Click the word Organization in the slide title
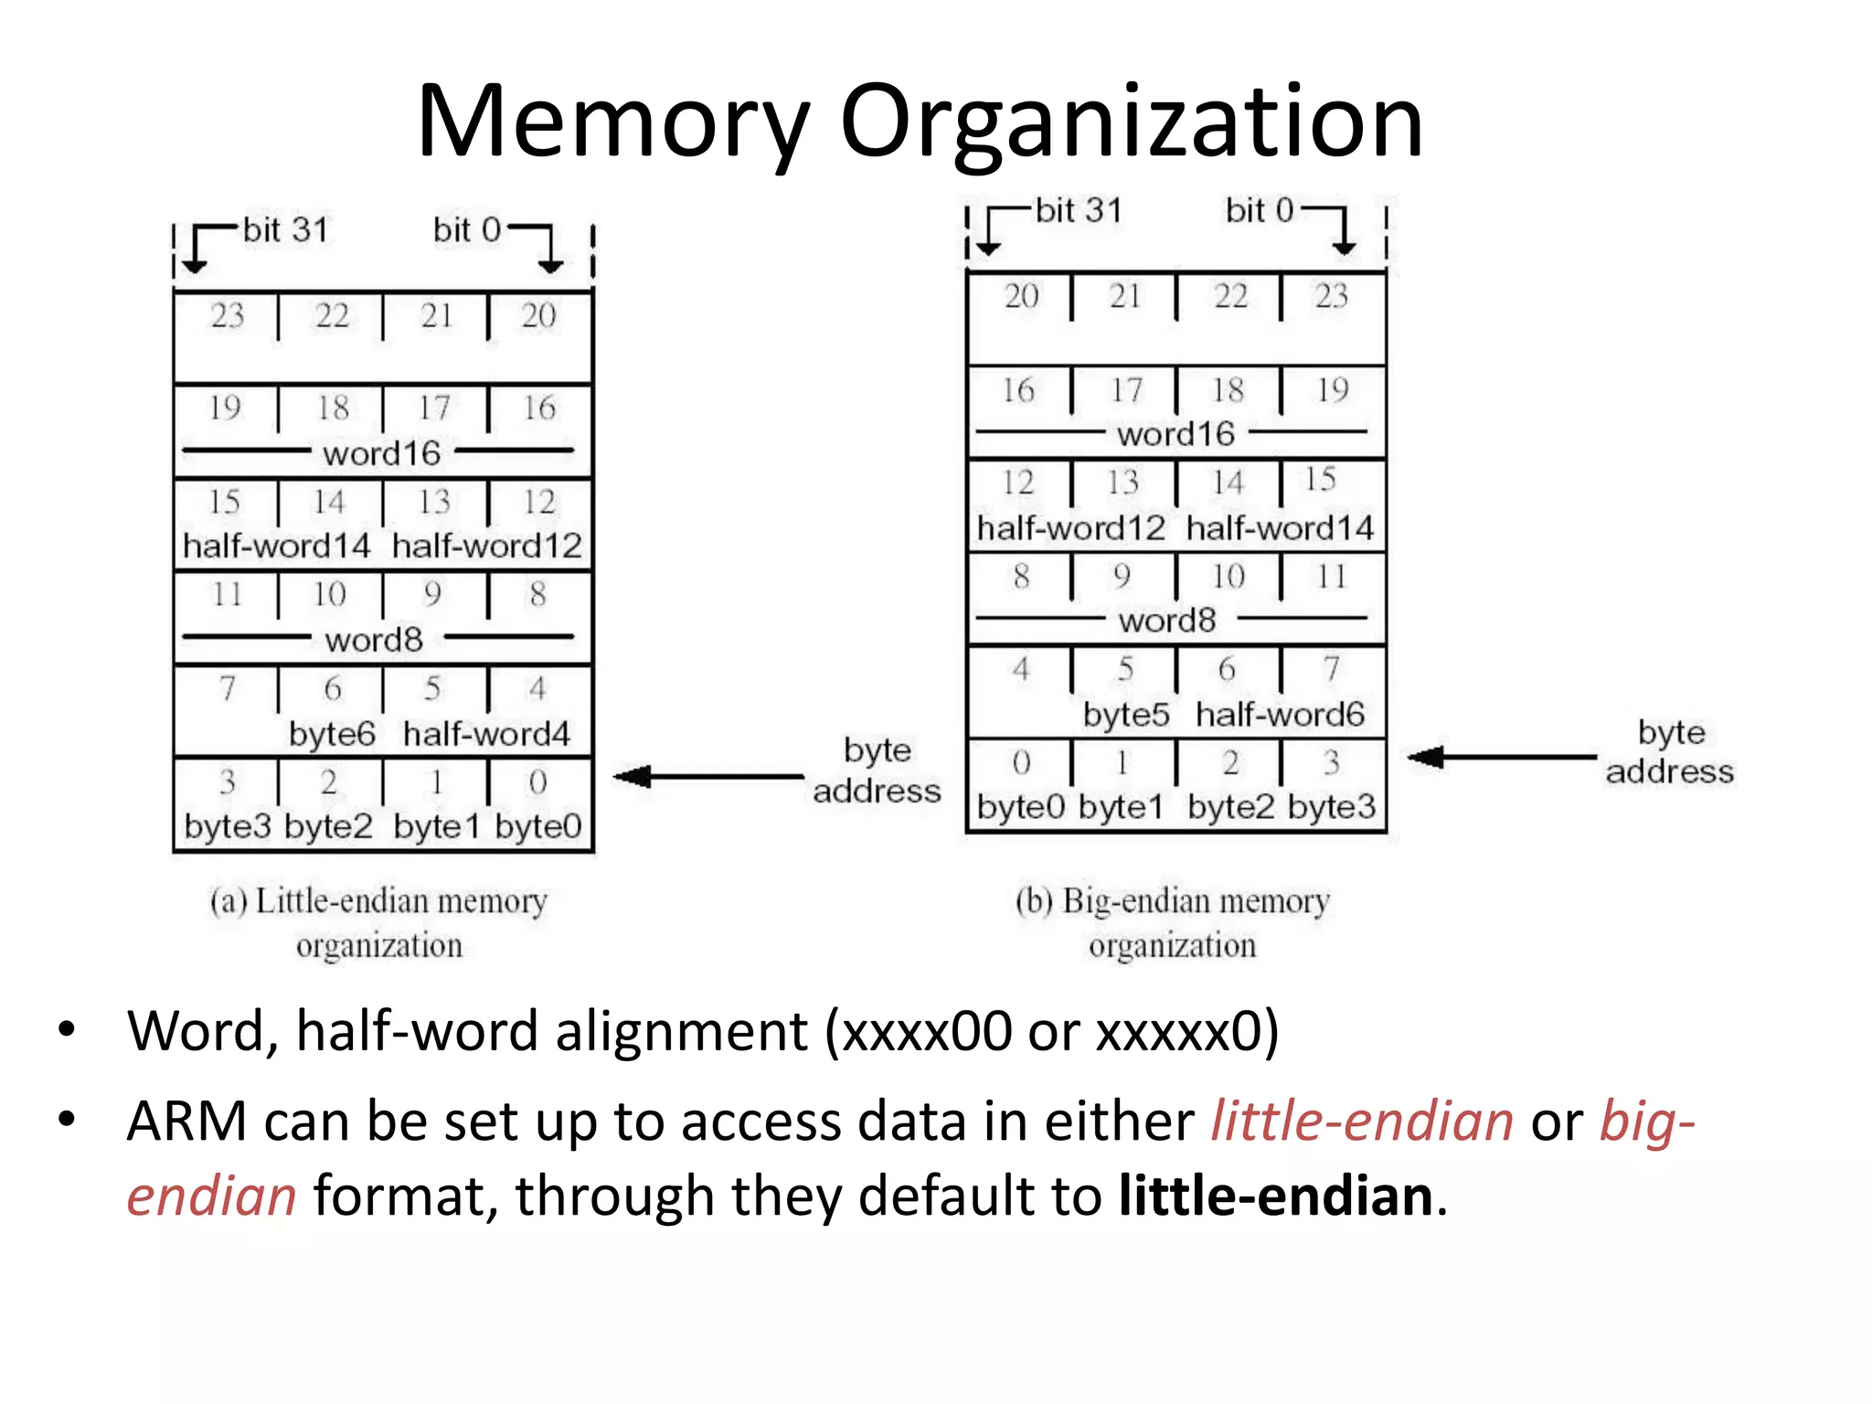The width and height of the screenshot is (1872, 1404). (x=1131, y=122)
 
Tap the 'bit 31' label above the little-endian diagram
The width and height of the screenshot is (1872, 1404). (x=285, y=229)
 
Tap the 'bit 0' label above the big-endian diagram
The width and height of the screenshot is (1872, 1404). (x=1260, y=210)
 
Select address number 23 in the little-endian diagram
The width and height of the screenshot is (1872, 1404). (x=228, y=315)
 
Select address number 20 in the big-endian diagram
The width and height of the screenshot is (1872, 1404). (x=1021, y=296)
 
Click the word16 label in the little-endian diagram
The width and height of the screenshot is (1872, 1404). (x=381, y=453)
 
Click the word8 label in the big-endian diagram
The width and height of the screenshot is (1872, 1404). (x=1167, y=621)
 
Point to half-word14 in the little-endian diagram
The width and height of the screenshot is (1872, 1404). (x=276, y=546)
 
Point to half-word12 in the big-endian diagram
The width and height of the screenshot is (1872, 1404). (x=1070, y=527)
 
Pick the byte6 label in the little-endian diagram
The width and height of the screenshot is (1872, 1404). (x=332, y=734)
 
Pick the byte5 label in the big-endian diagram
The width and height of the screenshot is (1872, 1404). (x=1125, y=714)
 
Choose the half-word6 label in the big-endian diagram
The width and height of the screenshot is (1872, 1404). (x=1280, y=714)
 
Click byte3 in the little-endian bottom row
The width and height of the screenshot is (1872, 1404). (x=227, y=826)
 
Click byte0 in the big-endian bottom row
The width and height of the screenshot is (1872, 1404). (x=1021, y=807)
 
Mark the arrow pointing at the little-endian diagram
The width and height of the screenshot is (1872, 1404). (x=708, y=777)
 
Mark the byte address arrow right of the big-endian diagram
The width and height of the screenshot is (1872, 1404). (x=1501, y=757)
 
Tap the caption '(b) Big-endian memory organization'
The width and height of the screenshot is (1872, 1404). (x=1173, y=922)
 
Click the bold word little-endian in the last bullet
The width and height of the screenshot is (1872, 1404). (x=1276, y=1196)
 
